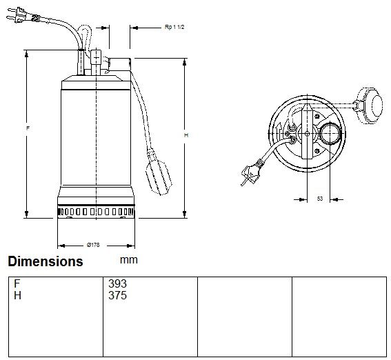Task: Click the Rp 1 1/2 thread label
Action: (x=174, y=27)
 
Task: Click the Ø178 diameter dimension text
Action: (x=93, y=245)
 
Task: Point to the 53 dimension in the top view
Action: (x=320, y=199)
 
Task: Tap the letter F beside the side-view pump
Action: (x=28, y=128)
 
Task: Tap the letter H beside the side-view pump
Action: (x=186, y=135)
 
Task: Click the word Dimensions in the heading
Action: (x=46, y=261)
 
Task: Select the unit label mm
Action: (x=129, y=260)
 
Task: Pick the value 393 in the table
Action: (x=117, y=283)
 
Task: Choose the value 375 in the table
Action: (x=117, y=295)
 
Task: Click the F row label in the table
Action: (x=17, y=283)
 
